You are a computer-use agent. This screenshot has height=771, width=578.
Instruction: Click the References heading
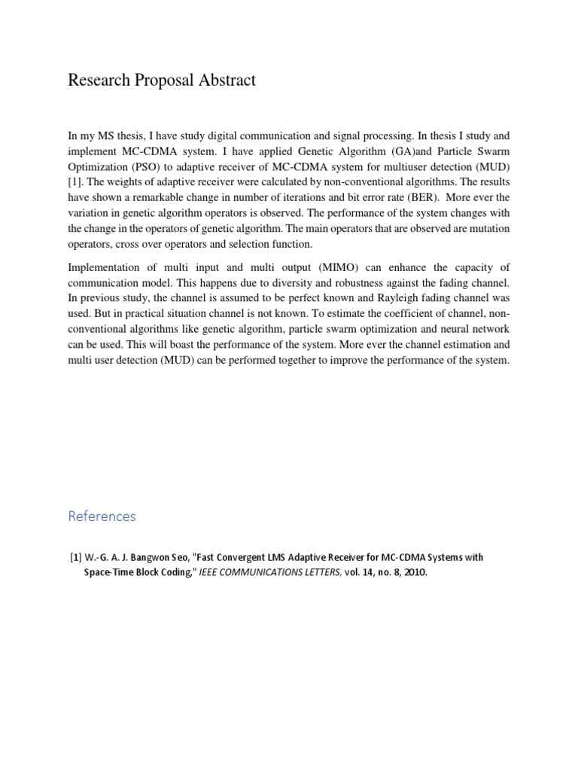point(102,516)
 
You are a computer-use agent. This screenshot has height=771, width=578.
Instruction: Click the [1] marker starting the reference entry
point(76,557)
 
